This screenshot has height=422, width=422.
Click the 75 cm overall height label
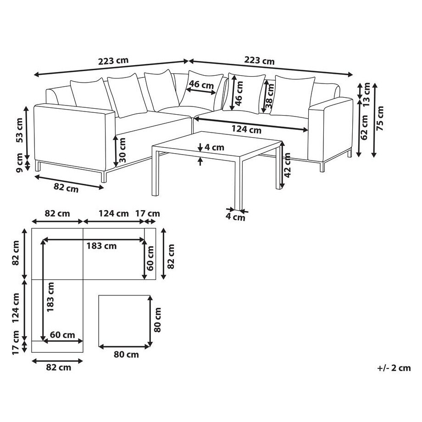click(x=380, y=118)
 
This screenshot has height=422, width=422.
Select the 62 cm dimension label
click(x=365, y=128)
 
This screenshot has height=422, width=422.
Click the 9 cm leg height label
click(x=19, y=163)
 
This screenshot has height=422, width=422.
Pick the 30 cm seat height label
click(x=122, y=150)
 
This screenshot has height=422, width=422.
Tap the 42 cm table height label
click(x=287, y=165)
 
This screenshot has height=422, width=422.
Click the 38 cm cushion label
click(x=270, y=96)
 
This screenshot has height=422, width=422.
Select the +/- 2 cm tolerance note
click(x=394, y=368)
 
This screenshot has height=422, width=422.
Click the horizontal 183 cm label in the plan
click(x=101, y=246)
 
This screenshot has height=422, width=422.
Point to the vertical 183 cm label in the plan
click(x=50, y=297)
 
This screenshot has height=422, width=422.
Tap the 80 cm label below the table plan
click(x=126, y=355)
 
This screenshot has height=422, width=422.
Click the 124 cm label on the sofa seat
click(x=246, y=129)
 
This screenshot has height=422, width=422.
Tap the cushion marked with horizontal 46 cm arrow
click(x=201, y=90)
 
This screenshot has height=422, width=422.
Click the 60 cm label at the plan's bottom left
click(x=62, y=335)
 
